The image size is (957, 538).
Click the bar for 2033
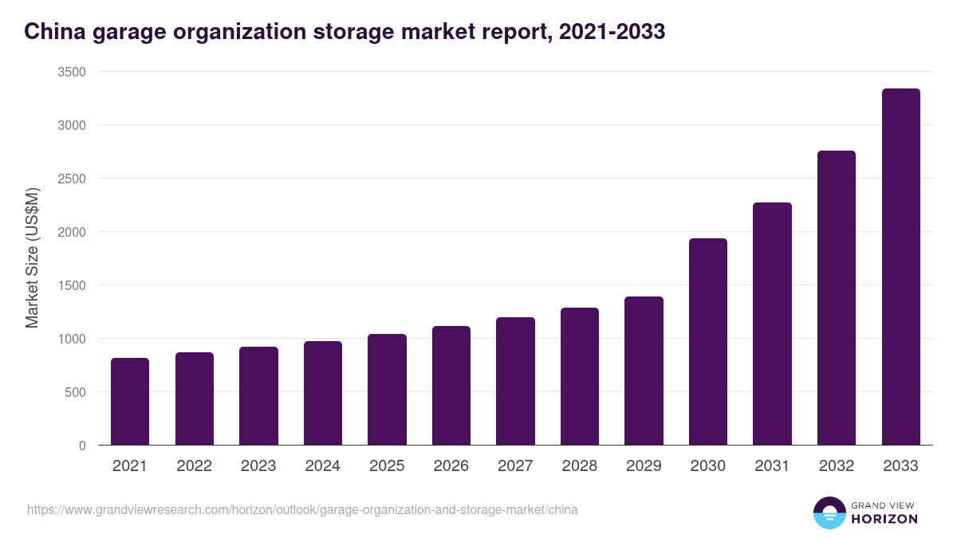pyautogui.click(x=900, y=267)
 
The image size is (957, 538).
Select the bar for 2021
pyautogui.click(x=130, y=402)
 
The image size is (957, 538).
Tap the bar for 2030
pyautogui.click(x=708, y=342)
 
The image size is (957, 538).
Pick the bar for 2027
pyautogui.click(x=515, y=381)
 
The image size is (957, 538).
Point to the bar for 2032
pyautogui.click(x=837, y=298)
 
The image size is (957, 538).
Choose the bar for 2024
pyautogui.click(x=323, y=393)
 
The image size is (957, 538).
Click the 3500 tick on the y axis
pyautogui.click(x=73, y=72)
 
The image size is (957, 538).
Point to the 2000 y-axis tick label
pyautogui.click(x=73, y=232)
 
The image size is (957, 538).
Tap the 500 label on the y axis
pyautogui.click(x=77, y=392)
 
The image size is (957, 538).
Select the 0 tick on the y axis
pyautogui.click(x=82, y=446)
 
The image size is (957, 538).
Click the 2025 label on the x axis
pyautogui.click(x=387, y=466)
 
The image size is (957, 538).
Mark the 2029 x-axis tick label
pyautogui.click(x=644, y=466)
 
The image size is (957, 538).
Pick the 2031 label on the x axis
pyautogui.click(x=772, y=466)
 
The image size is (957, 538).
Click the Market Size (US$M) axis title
pyautogui.click(x=32, y=258)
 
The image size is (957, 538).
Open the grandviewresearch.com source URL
pyautogui.click(x=302, y=509)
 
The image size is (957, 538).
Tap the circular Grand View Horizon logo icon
pyautogui.click(x=829, y=513)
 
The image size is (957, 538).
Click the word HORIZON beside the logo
pyautogui.click(x=884, y=519)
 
